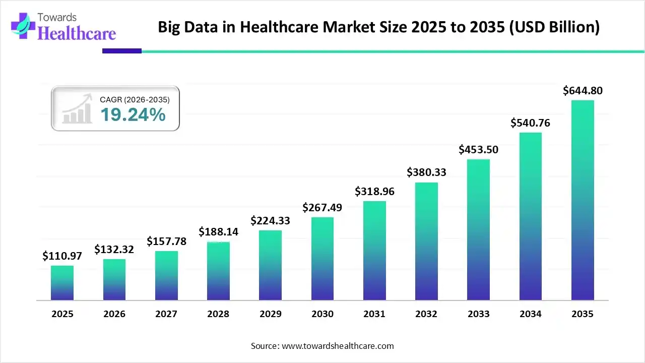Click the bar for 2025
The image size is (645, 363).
[x=62, y=283]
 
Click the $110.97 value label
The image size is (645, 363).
[x=62, y=256]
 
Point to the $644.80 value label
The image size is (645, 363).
[x=583, y=91]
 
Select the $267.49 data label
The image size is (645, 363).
[x=322, y=208]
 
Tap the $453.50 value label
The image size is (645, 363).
[x=478, y=150]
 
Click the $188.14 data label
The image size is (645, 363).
[x=218, y=232]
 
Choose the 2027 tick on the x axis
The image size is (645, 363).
[x=166, y=314]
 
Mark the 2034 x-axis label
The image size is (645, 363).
[x=531, y=314]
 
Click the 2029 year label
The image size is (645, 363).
[x=270, y=314]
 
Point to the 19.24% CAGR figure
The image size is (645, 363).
[x=133, y=115]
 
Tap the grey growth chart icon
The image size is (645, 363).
[x=77, y=109]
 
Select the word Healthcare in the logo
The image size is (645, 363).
[x=77, y=33]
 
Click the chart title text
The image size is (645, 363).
[x=378, y=27]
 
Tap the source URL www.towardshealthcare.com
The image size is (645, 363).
[x=337, y=346]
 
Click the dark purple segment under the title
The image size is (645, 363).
[x=122, y=51]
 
